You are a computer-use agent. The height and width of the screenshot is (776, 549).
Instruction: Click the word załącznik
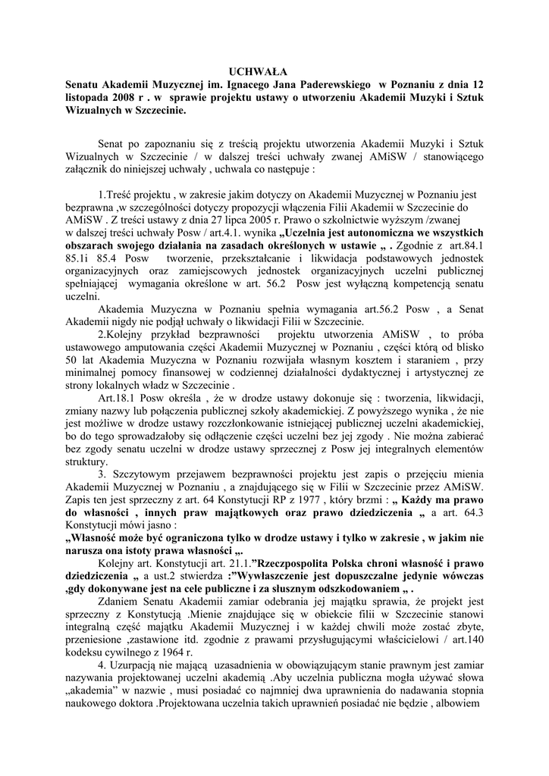[90, 170]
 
